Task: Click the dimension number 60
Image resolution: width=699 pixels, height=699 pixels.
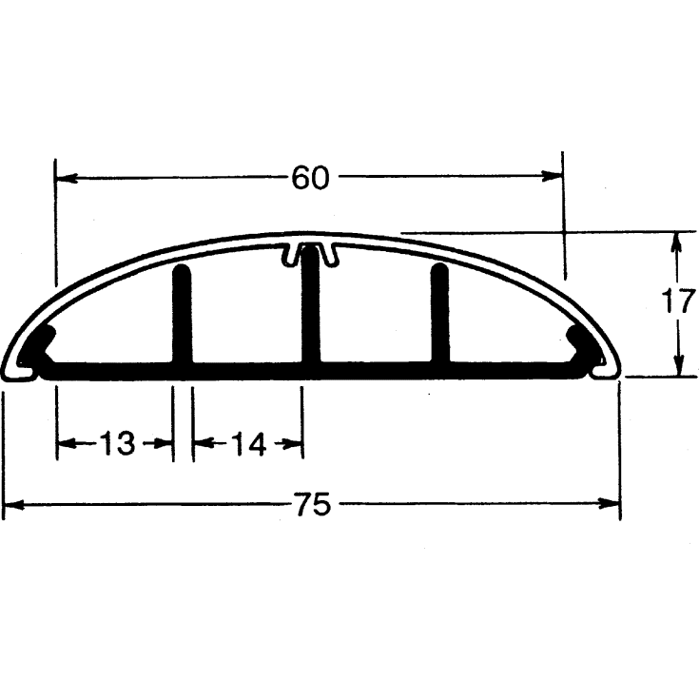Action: (310, 177)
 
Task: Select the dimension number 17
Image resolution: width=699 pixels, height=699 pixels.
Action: (679, 301)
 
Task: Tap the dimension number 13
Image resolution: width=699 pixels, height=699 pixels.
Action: (117, 443)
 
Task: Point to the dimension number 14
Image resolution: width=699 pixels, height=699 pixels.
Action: (248, 443)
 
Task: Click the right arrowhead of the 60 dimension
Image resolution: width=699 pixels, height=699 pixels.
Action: (553, 176)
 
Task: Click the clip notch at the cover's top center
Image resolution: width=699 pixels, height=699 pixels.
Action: (310, 252)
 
